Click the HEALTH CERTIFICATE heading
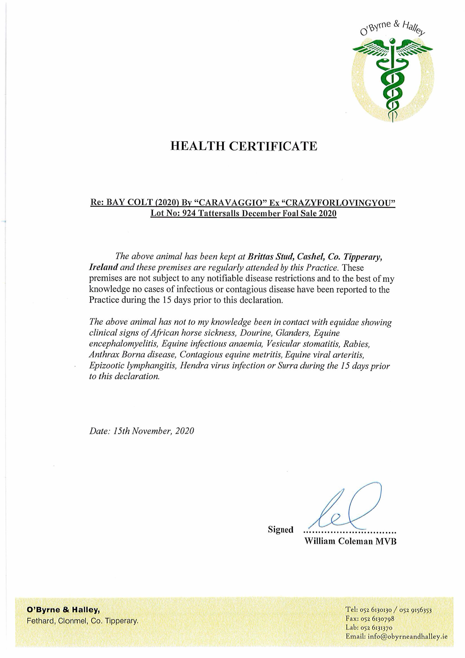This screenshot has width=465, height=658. tap(244, 146)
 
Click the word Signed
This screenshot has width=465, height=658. tap(280, 530)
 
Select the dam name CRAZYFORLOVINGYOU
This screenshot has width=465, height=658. tap(338, 203)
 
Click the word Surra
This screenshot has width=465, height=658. tap(288, 366)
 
